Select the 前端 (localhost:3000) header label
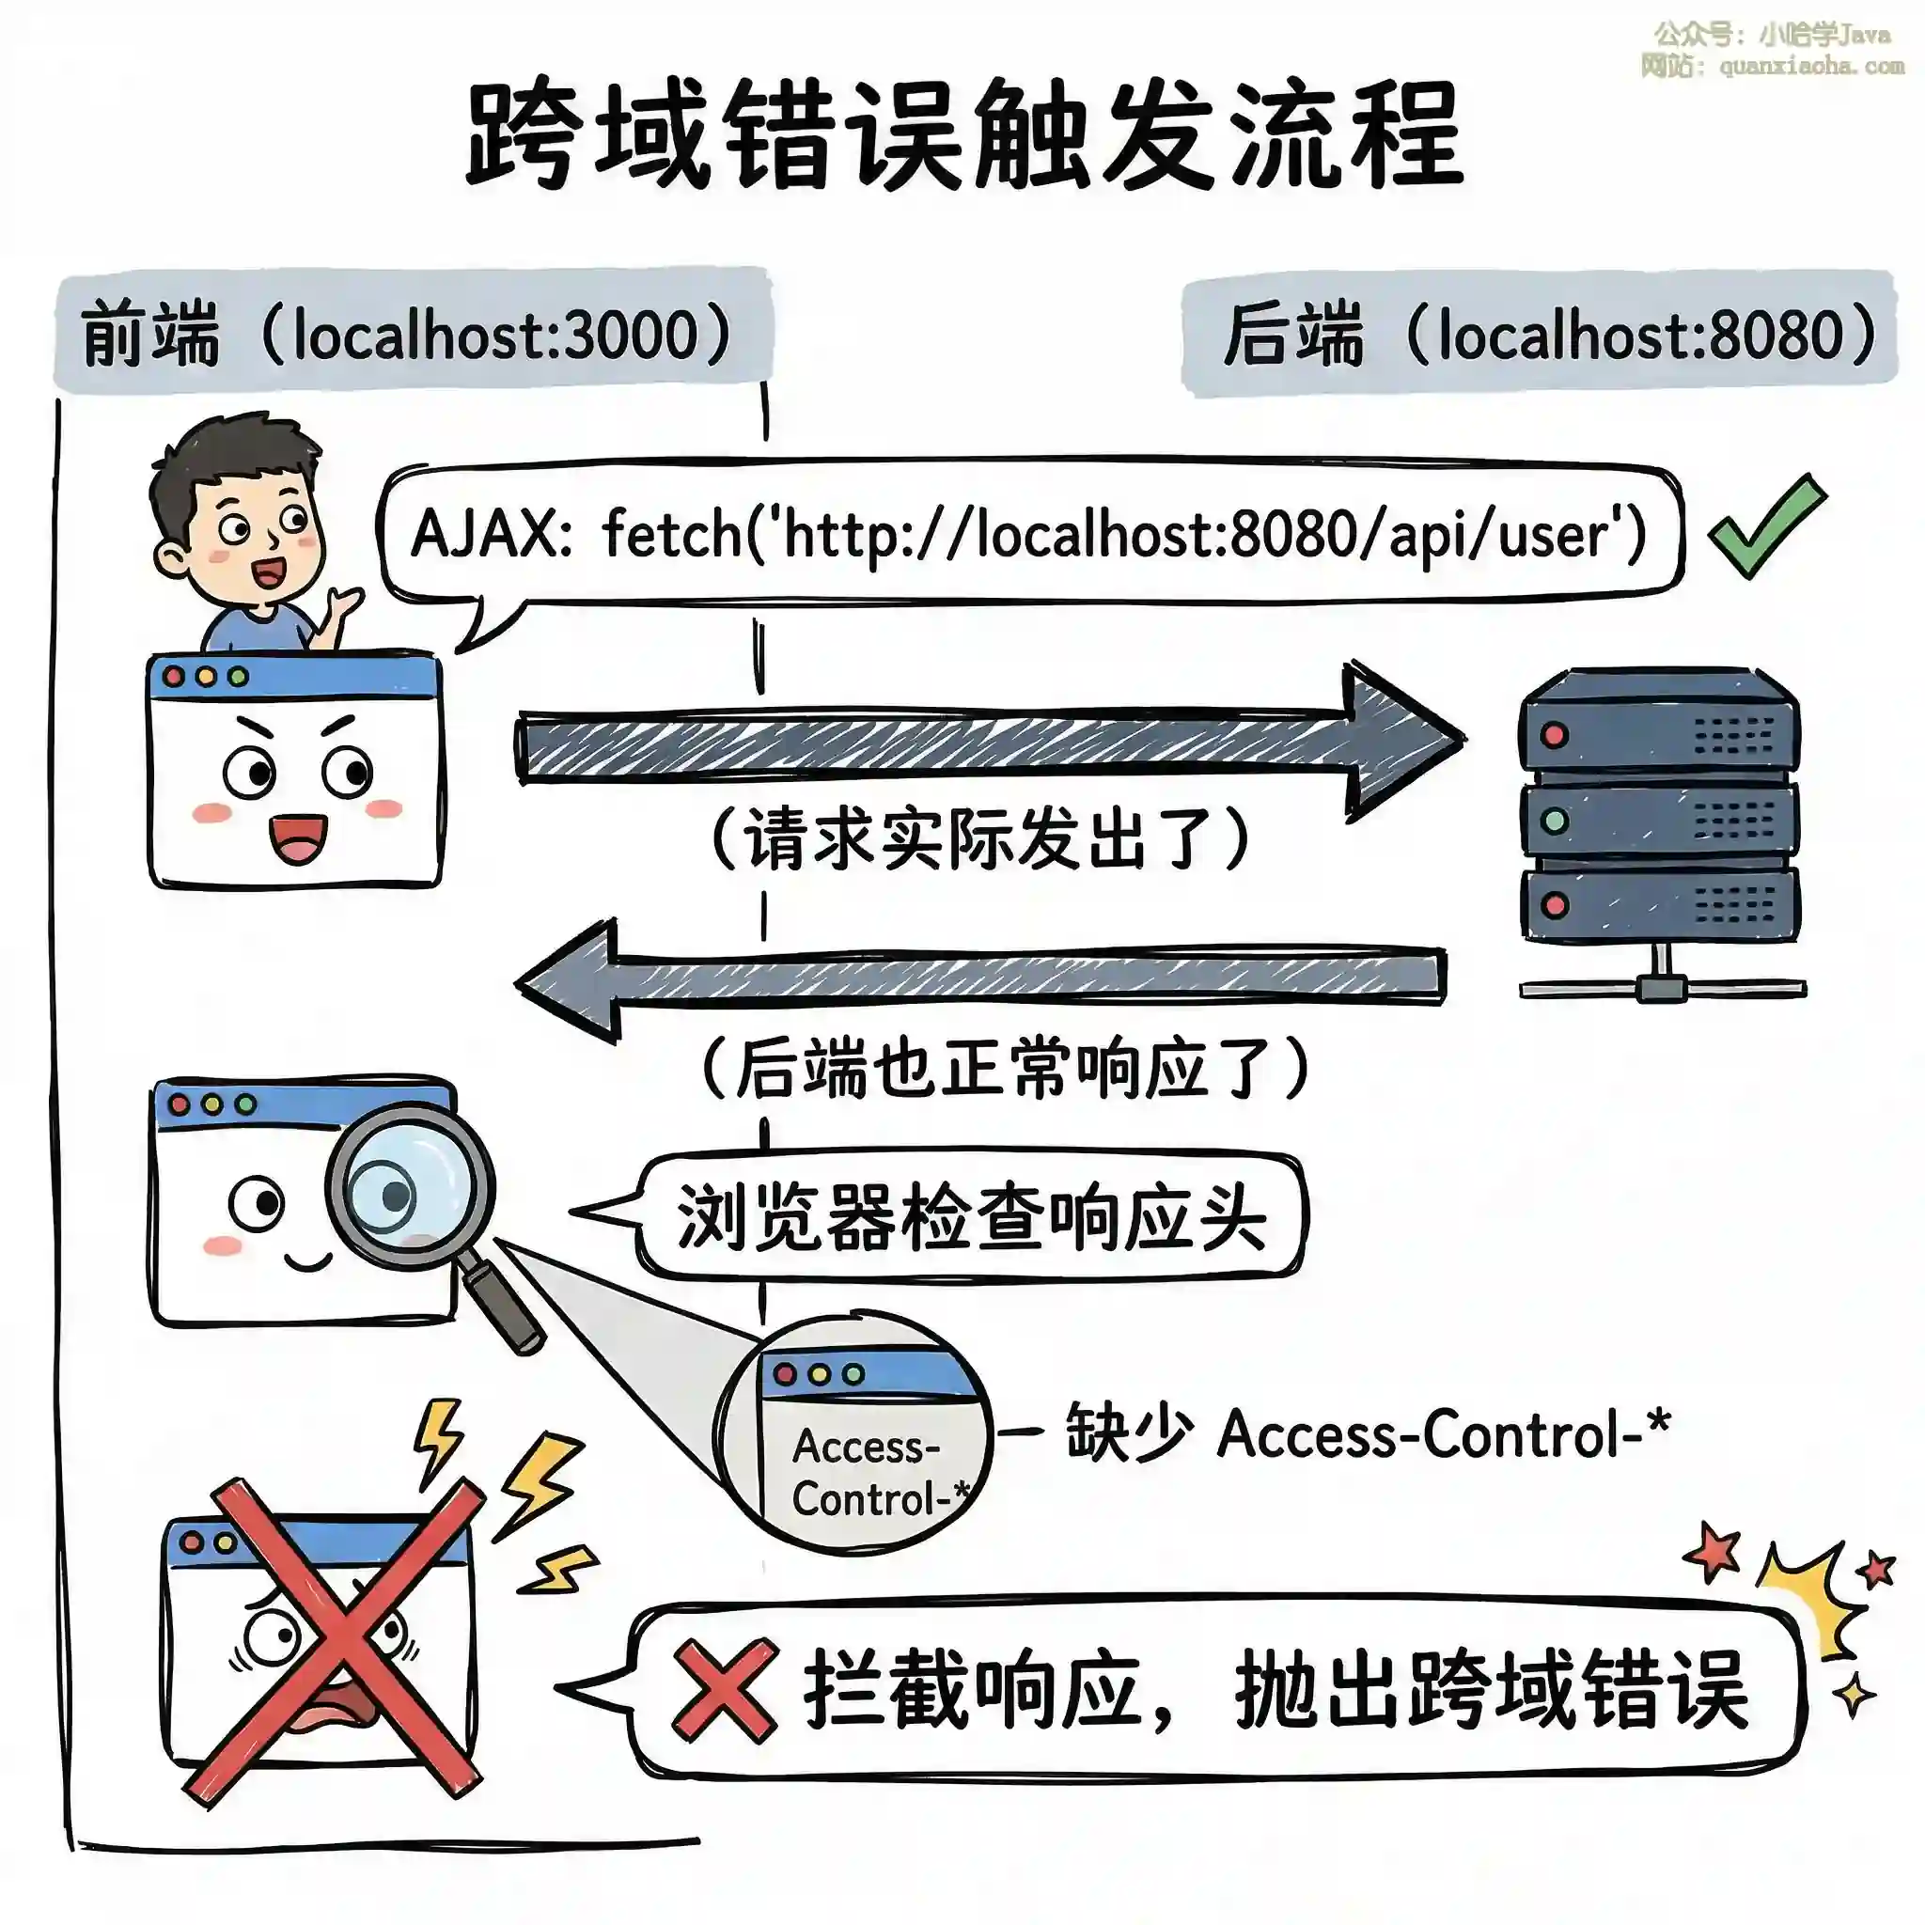click(409, 334)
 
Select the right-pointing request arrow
click(986, 743)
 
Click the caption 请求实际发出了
click(978, 837)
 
